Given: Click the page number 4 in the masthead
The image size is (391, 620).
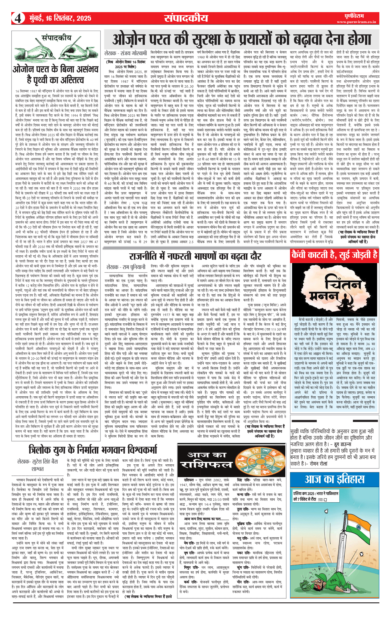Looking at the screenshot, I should (x=18, y=18).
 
